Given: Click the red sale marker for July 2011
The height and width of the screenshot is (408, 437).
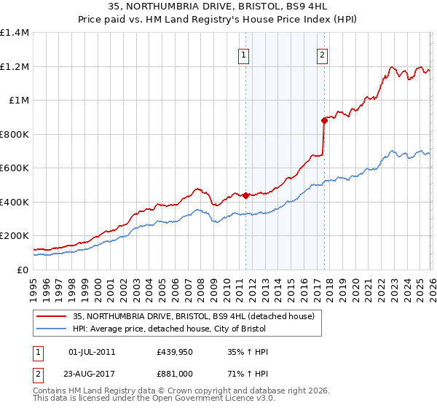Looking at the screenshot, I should point(245,195).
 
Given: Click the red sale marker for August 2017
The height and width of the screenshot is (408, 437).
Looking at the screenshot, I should point(324,121).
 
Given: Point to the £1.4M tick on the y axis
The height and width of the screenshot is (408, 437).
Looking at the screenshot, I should point(15,33).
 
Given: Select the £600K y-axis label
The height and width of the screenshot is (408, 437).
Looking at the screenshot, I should point(15,168).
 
